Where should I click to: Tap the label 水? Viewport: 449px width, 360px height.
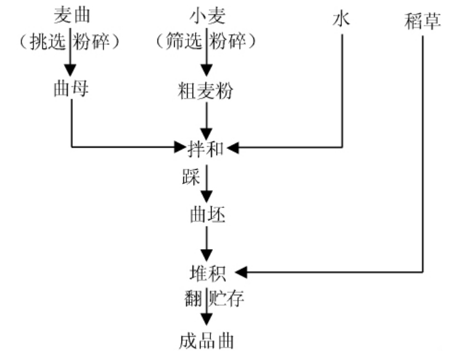click(x=341, y=18)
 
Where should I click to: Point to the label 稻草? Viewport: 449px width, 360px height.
click(x=423, y=18)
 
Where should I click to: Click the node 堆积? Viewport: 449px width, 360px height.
click(x=207, y=271)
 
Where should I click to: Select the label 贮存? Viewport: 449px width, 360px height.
click(x=227, y=300)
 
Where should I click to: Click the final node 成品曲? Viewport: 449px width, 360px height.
click(x=207, y=340)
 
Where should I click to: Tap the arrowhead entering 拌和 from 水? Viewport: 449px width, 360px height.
click(x=232, y=148)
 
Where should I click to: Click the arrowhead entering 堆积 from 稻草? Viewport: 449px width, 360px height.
click(x=242, y=271)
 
